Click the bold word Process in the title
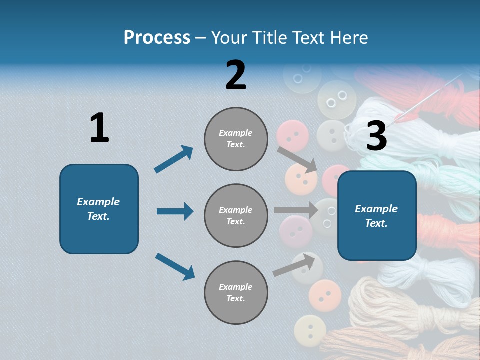point(157,37)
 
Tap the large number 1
point(99,128)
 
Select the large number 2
point(236,75)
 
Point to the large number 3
point(376,136)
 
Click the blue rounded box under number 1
point(99,209)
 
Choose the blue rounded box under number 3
point(377,215)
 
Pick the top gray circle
point(236,139)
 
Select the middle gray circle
point(236,215)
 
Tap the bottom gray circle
point(236,292)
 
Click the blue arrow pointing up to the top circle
point(174,159)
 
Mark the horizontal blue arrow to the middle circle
point(175,211)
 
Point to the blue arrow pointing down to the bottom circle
point(175,266)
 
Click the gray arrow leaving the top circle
point(297,159)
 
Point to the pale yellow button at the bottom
point(310,330)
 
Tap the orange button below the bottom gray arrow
point(325,295)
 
